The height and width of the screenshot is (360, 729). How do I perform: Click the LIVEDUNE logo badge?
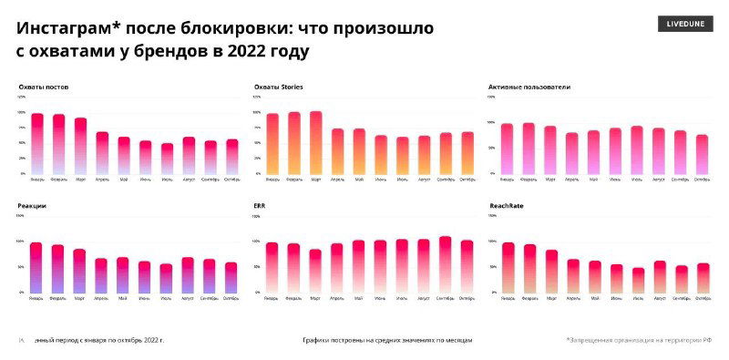(685, 25)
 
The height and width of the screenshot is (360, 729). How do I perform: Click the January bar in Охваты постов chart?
(37, 144)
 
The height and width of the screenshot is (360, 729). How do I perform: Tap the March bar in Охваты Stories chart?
(315, 142)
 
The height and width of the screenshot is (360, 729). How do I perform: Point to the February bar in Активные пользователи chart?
(529, 148)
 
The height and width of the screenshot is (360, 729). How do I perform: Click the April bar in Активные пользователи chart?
(571, 153)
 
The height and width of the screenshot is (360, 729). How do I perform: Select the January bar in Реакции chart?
(36, 268)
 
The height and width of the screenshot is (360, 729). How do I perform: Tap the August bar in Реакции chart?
(188, 274)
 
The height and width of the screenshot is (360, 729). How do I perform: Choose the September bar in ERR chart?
(445, 264)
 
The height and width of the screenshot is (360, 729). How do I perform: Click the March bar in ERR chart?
(315, 271)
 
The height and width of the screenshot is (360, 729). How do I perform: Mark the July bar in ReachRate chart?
(638, 280)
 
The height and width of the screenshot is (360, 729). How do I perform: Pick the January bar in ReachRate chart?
(508, 267)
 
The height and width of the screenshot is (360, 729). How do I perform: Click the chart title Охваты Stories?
(279, 87)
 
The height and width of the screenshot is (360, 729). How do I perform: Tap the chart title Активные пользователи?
(529, 87)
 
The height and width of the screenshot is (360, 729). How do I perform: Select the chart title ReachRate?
(506, 206)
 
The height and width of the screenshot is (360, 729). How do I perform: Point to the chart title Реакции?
(32, 206)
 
